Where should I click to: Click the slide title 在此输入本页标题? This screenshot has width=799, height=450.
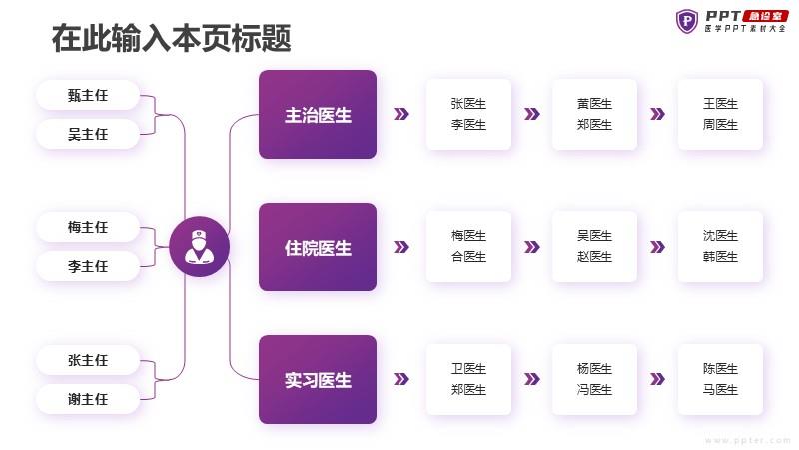[x=171, y=38]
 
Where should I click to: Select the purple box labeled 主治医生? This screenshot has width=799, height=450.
[x=318, y=114]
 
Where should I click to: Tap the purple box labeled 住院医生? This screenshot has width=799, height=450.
[x=318, y=247]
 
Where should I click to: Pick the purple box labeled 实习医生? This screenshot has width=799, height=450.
[x=318, y=379]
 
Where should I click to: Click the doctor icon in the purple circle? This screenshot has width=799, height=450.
[x=199, y=247]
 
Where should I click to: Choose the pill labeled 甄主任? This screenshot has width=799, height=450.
[x=88, y=95]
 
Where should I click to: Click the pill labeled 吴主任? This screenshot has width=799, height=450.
[x=88, y=134]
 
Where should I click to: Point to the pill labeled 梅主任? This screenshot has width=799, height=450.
[x=88, y=227]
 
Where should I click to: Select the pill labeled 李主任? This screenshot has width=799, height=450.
[x=88, y=266]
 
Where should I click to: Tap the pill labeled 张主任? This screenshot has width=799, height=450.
[x=88, y=360]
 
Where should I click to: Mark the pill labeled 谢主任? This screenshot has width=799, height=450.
[x=88, y=399]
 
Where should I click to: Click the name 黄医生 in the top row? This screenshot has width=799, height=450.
[x=594, y=104]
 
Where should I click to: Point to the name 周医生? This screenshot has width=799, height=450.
[x=720, y=124]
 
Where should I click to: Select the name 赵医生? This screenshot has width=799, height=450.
[x=594, y=257]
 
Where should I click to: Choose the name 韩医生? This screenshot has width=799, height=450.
[x=720, y=257]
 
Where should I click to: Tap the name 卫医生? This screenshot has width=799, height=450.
[x=468, y=368]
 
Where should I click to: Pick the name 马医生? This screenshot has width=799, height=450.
[x=720, y=390]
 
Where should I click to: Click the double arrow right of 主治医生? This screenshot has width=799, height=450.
[x=401, y=114]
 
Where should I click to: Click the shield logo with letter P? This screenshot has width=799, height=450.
[x=687, y=21]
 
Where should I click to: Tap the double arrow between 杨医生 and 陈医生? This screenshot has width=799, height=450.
[x=657, y=379]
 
